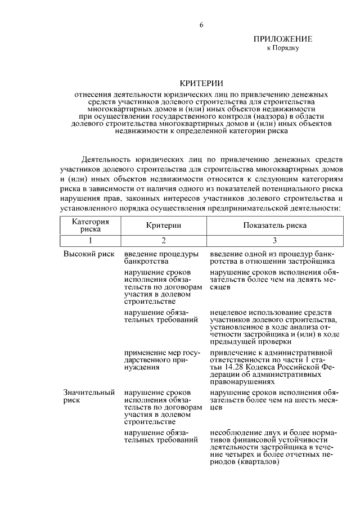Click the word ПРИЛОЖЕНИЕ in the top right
tap(282, 39)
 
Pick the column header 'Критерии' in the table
tap(164, 225)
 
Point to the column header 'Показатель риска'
tap(274, 225)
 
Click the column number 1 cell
tap(90, 240)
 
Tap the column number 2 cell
tap(164, 240)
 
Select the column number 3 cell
tap(274, 240)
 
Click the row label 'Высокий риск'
tap(88, 254)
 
